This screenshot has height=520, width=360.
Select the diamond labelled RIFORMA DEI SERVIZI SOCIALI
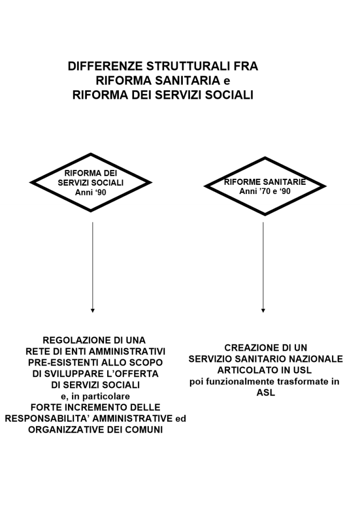coord(91,182)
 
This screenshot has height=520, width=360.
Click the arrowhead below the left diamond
coord(92,309)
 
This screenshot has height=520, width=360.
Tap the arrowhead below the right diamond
coord(263,309)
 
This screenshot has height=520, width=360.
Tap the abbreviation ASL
coord(265,393)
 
